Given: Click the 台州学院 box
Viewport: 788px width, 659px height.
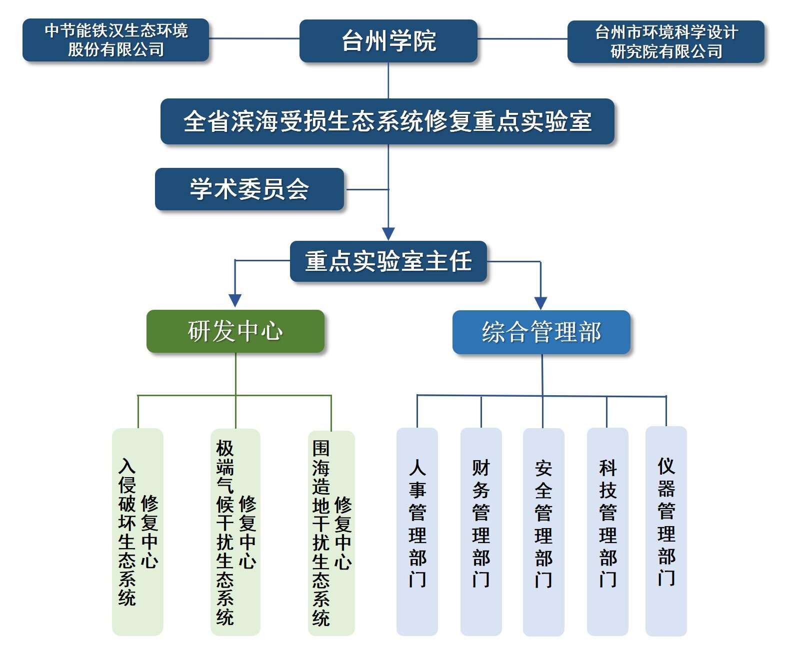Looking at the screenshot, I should (x=388, y=41).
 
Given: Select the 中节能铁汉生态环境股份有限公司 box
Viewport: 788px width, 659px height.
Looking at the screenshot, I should (x=115, y=40).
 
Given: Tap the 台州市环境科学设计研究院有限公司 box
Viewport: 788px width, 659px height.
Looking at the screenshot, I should (x=665, y=42).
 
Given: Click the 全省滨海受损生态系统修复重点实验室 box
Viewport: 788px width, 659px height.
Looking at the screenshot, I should (x=387, y=121).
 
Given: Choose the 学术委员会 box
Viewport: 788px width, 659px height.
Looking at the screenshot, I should (x=249, y=189).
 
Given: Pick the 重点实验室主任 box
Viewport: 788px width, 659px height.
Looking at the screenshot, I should (x=388, y=261).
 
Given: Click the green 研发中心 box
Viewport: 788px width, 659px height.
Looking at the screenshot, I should (x=235, y=331).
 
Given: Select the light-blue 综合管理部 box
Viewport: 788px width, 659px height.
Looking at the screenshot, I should (x=541, y=332).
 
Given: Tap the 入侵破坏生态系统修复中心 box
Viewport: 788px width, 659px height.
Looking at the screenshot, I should (x=137, y=532).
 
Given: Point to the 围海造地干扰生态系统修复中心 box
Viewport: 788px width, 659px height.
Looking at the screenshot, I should (x=331, y=533).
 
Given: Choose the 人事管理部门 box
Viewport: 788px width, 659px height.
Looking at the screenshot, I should (x=417, y=532).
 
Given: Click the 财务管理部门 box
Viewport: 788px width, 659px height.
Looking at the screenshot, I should (x=480, y=532).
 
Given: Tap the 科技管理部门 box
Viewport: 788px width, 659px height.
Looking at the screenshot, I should (x=607, y=532).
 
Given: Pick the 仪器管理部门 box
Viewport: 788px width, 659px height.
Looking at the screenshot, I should (x=665, y=531).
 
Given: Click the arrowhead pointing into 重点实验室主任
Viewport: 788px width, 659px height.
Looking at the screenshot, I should (x=388, y=234).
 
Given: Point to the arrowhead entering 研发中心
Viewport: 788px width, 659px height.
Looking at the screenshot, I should (x=235, y=300).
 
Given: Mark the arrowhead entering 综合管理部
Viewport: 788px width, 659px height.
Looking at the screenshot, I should (x=540, y=303).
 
